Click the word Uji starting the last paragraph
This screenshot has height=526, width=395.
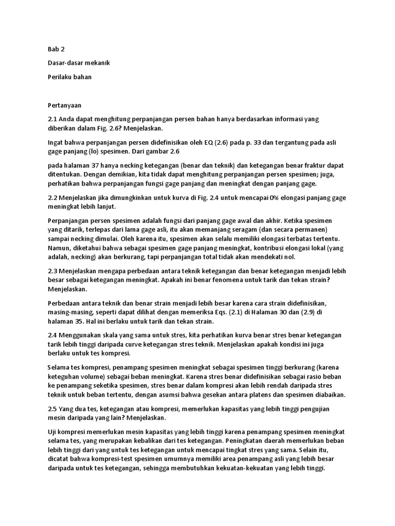[52, 433]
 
